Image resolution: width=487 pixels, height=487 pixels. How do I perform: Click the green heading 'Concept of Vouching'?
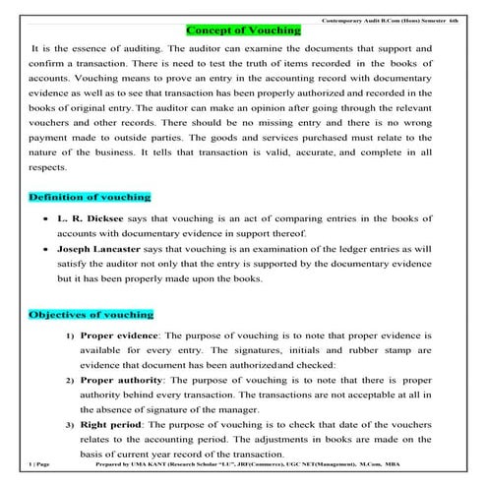pyautogui.click(x=243, y=30)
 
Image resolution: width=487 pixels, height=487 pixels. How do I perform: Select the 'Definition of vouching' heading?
pyautogui.click(x=90, y=198)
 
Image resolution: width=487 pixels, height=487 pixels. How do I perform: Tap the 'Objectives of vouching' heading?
pyautogui.click(x=91, y=314)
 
